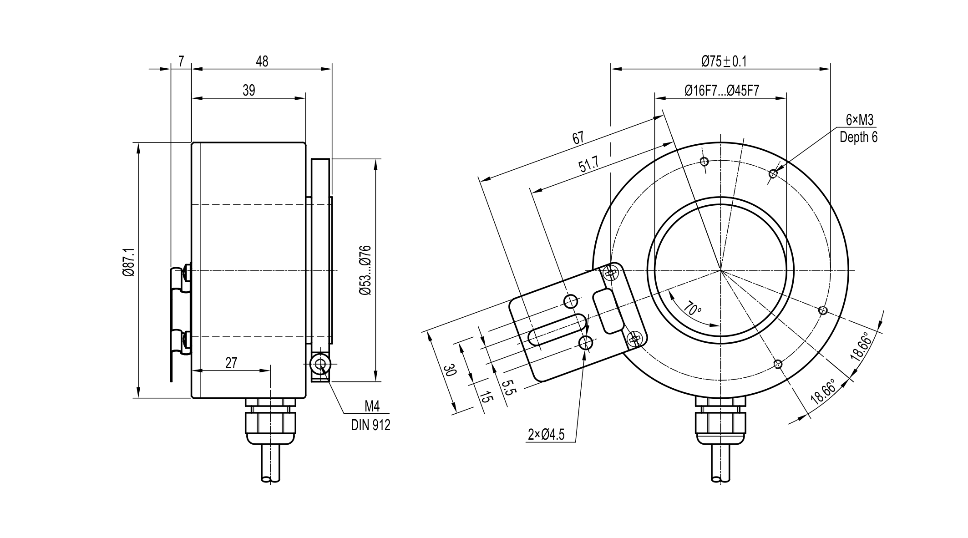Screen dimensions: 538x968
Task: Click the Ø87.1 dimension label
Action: point(128,263)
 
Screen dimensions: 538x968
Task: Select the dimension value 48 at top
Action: point(262,61)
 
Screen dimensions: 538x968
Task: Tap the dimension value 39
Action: point(248,90)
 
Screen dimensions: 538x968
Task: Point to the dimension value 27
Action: point(231,363)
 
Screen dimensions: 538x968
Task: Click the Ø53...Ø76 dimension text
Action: point(365,270)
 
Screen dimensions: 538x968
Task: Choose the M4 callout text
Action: point(372,406)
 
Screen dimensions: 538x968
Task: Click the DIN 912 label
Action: point(370,425)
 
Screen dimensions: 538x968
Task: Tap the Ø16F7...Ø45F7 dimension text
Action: point(722,90)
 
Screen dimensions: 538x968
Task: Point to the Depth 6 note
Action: point(859,137)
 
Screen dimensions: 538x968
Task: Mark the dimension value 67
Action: point(578,137)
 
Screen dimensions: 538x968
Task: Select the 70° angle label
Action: point(692,309)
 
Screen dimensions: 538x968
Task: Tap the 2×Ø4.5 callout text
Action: point(546,435)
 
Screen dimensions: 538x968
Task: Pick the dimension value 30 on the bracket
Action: point(450,370)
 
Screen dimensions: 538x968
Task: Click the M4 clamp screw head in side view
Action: point(320,364)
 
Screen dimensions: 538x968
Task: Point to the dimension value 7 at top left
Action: point(181,61)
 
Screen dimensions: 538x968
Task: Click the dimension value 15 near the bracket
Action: point(486,397)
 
